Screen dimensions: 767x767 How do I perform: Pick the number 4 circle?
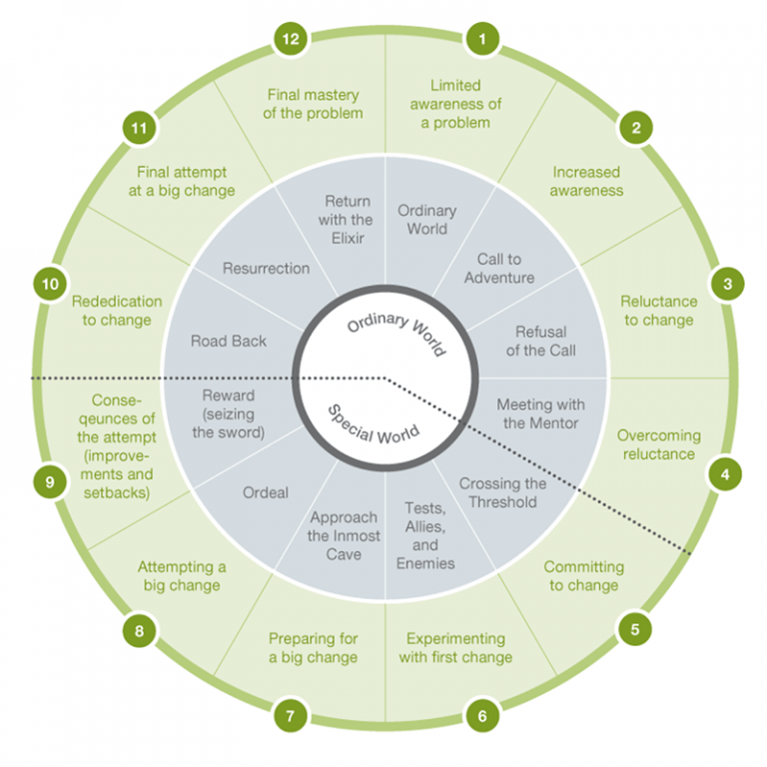point(726,474)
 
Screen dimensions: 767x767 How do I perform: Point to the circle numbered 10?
point(48,284)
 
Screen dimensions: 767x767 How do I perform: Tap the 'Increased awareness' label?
point(587,181)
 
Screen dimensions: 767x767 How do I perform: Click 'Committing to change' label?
point(584,575)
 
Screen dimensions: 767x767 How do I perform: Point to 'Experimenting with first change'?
point(455,647)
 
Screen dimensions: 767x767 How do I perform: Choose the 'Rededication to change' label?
point(117,310)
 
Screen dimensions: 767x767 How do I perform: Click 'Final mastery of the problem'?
point(313,104)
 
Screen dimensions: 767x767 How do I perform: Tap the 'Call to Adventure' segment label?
point(499,269)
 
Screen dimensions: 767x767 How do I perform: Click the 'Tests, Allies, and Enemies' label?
point(425,535)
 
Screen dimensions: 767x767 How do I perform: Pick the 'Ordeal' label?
point(266,492)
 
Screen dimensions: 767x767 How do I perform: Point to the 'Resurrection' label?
point(266,268)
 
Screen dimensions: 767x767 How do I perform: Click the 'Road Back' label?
point(229,341)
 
